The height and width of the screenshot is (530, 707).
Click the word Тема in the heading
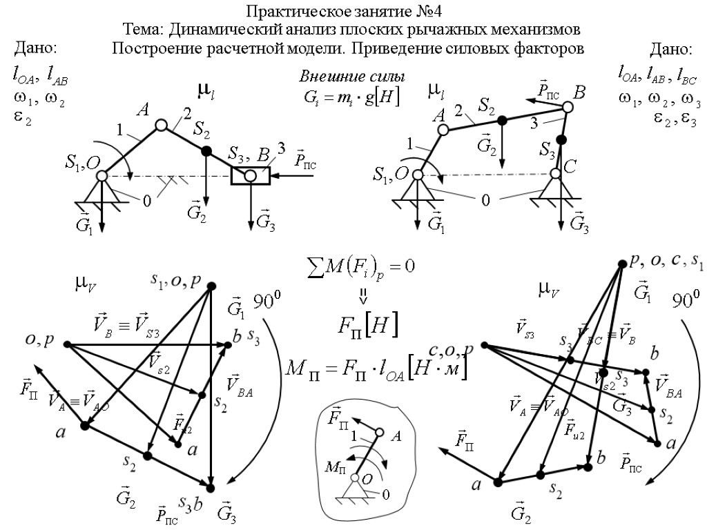pyautogui.click(x=142, y=30)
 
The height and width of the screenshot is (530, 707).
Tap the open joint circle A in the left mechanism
pyautogui.click(x=161, y=125)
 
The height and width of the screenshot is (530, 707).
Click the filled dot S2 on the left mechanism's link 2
pyautogui.click(x=206, y=150)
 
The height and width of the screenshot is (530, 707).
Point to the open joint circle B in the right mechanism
pyautogui.click(x=568, y=107)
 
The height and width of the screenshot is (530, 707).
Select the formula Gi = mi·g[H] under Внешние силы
pyautogui.click(x=351, y=96)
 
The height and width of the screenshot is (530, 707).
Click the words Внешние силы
pyautogui.click(x=351, y=77)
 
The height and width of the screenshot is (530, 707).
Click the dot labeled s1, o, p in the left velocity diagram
pyautogui.click(x=211, y=286)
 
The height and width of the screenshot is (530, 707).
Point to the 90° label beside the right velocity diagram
pyautogui.click(x=687, y=299)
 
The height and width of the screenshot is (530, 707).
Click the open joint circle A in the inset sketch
pyautogui.click(x=378, y=433)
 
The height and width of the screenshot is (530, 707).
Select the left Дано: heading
pyautogui.click(x=35, y=48)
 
